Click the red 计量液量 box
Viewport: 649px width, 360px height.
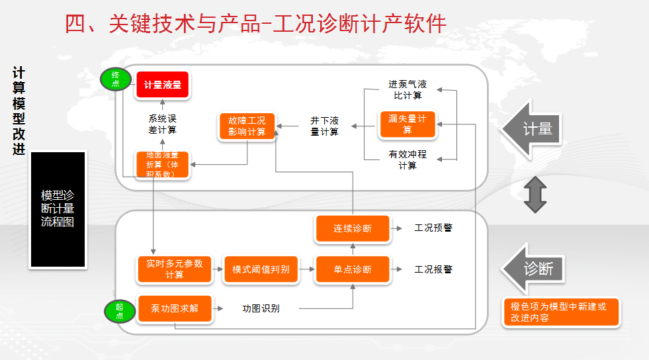(162, 85)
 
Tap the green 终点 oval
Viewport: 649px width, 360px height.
(115, 79)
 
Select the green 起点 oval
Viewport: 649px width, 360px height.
(119, 311)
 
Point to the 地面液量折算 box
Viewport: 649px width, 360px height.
(162, 165)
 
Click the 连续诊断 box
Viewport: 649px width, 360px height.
(353, 228)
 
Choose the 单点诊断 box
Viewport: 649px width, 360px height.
(353, 269)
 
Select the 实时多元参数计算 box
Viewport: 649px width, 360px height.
(175, 269)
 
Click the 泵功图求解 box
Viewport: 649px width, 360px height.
(175, 308)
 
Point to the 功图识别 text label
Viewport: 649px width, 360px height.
(261, 308)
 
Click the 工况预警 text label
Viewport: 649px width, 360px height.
(433, 228)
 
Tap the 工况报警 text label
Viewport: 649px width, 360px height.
(433, 269)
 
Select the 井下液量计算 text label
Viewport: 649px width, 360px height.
(325, 126)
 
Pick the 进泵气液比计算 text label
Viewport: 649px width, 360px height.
(408, 90)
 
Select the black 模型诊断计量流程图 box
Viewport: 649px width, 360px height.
(58, 209)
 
